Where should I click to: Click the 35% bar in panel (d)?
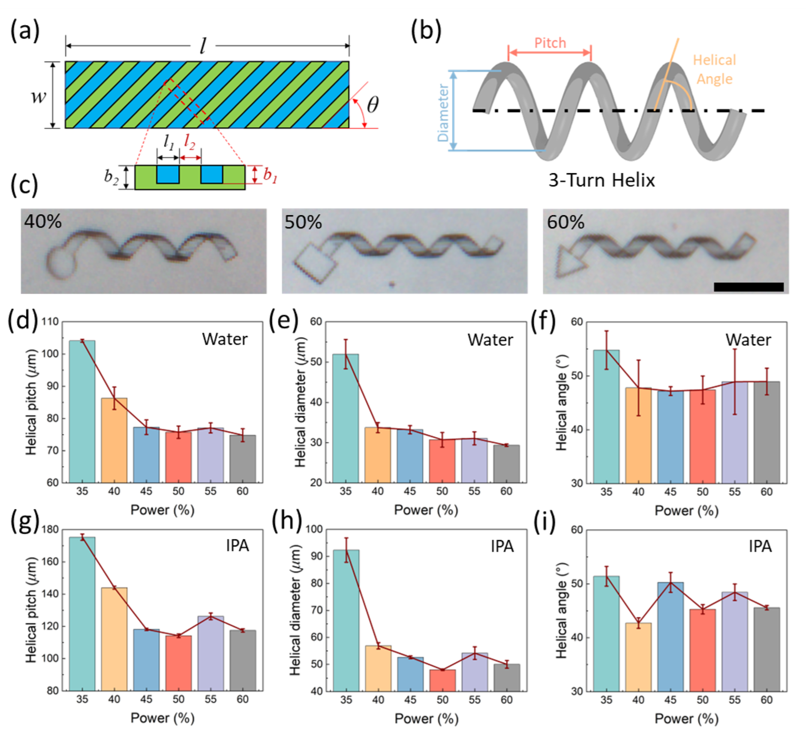point(82,412)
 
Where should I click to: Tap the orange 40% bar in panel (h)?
point(378,668)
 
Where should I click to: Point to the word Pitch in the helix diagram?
point(550,43)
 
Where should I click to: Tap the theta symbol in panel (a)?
point(373,105)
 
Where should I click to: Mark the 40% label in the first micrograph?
point(43,221)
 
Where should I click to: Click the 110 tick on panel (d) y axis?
point(50,322)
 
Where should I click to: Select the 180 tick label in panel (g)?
point(50,530)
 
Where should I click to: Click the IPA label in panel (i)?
point(760,546)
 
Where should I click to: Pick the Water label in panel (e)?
point(490,340)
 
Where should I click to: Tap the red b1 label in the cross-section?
point(270,176)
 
